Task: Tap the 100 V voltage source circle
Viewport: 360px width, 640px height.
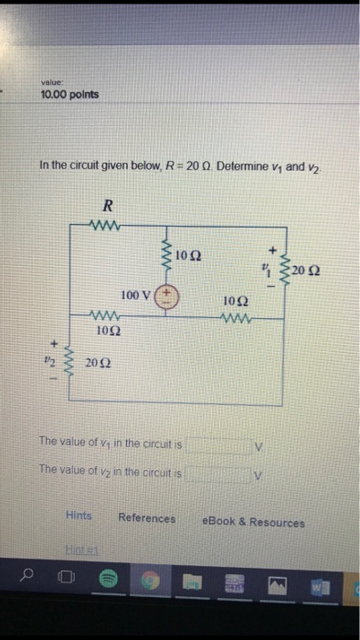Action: point(166,296)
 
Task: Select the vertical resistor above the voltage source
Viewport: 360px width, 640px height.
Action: point(166,252)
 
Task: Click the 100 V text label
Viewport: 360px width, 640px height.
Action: point(135,295)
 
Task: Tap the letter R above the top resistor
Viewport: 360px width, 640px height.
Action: point(107,207)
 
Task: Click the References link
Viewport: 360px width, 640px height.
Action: point(146,518)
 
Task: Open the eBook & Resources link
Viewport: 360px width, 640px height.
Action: point(254,522)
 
